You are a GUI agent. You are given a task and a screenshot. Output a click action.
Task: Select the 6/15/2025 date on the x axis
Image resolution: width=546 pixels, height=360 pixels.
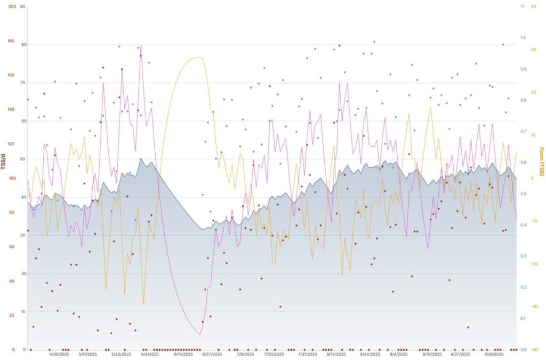[x=183, y=354]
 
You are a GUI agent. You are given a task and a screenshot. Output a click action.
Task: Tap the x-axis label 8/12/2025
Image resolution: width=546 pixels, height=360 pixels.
[x=337, y=354]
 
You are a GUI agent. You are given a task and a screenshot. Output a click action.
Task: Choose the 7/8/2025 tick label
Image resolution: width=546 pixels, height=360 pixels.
[x=245, y=354]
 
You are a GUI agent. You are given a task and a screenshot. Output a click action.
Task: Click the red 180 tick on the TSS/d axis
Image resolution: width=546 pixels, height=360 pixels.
[x=11, y=41]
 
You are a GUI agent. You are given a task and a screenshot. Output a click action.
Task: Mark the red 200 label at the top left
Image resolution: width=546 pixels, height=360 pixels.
[x=11, y=6]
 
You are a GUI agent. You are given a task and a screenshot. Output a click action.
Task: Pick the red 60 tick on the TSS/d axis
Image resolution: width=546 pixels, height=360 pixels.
[x=11, y=247]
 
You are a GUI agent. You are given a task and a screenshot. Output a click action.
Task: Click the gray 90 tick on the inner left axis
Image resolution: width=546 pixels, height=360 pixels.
[x=22, y=6]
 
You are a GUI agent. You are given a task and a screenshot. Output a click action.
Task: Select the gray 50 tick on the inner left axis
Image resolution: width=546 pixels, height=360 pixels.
[x=22, y=159]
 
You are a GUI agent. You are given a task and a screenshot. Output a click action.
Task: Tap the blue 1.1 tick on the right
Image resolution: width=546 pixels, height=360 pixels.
[x=523, y=6]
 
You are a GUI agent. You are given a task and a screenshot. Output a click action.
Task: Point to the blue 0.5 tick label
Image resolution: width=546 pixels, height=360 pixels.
[x=523, y=194]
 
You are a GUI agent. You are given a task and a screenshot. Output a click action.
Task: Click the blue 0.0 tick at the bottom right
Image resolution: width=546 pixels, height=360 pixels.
[x=523, y=350]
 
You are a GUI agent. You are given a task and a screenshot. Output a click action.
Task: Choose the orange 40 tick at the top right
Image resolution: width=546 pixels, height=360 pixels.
[x=534, y=6]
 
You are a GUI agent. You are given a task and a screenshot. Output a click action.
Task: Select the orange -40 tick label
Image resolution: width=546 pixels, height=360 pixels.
[x=534, y=350]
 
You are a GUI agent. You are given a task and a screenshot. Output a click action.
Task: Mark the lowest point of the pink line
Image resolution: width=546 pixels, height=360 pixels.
[x=199, y=334]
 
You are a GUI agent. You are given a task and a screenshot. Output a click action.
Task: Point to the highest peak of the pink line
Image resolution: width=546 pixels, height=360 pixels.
[x=141, y=46]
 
